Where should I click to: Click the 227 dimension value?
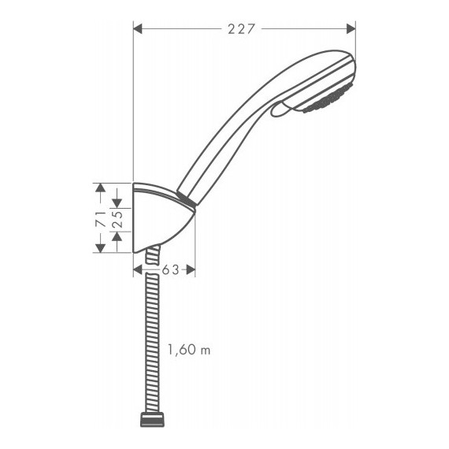click(x=242, y=30)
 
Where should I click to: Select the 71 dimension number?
click(x=100, y=220)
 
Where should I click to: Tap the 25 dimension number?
click(x=117, y=220)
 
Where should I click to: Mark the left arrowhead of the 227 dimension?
click(x=138, y=30)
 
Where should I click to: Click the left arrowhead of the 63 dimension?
click(x=138, y=269)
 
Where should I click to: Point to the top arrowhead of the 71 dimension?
click(x=100, y=187)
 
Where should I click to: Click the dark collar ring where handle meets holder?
click(x=186, y=199)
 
